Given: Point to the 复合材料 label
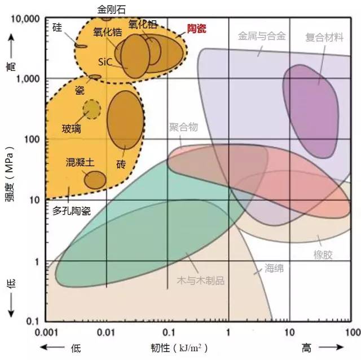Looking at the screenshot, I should tap(324, 37).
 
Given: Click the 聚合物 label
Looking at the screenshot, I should tap(183, 127).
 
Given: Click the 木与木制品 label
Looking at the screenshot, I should tap(201, 281).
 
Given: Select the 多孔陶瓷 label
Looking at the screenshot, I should tap(72, 211).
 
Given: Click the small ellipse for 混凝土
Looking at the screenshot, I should tap(95, 180).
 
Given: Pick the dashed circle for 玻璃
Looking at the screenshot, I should tap(91, 108).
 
